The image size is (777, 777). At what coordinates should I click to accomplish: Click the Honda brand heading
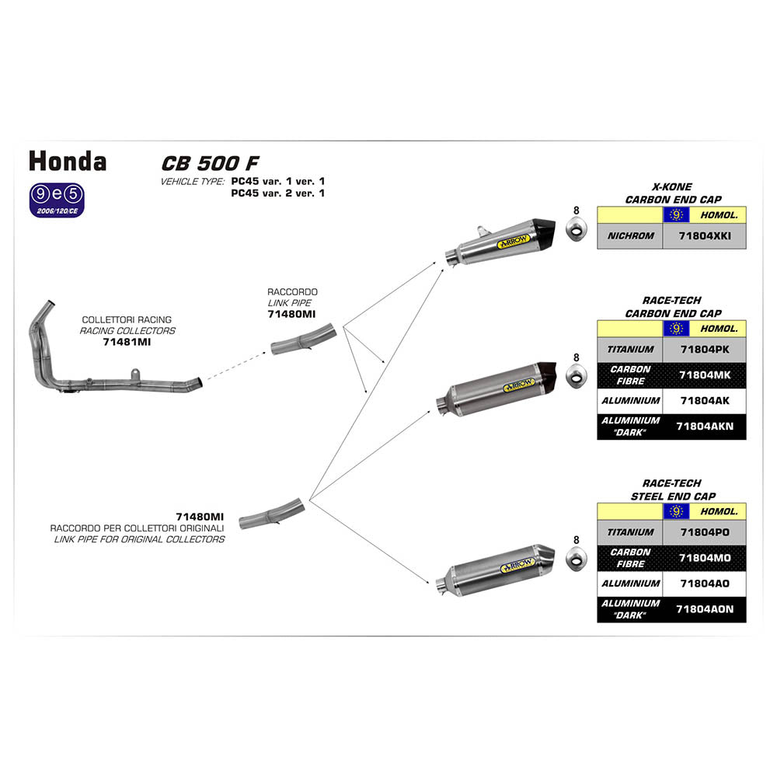[x=68, y=161]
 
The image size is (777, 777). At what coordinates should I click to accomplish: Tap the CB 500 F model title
[x=210, y=163]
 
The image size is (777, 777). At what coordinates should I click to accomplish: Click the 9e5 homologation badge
[x=56, y=199]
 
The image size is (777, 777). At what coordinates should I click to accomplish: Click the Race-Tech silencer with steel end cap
[x=493, y=569]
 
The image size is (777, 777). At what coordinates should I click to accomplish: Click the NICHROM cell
[x=630, y=235]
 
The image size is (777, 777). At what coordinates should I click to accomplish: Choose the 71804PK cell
[x=704, y=350]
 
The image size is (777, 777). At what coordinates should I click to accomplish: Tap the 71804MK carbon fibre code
[x=704, y=375]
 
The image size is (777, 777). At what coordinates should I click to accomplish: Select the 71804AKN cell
[x=703, y=427]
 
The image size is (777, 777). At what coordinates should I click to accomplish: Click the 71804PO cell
[x=704, y=532]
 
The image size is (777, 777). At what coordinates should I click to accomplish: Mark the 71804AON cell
[x=703, y=609]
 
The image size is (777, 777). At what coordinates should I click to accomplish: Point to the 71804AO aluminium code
[x=704, y=584]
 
